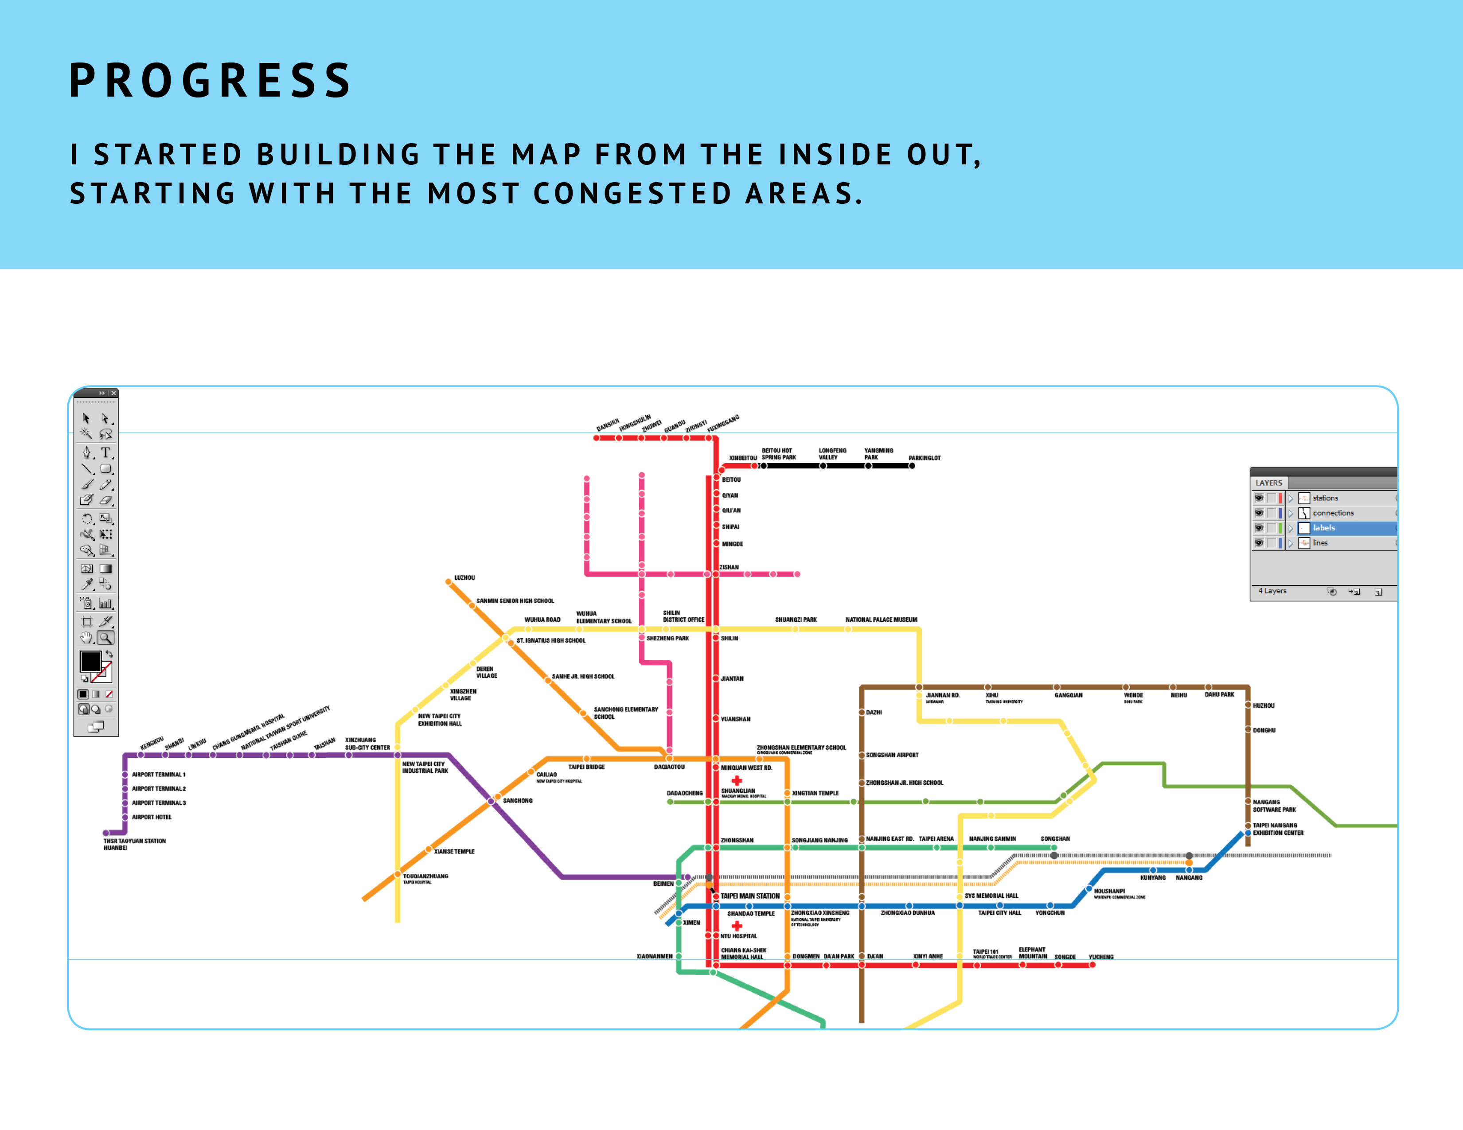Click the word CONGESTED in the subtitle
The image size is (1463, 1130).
632,194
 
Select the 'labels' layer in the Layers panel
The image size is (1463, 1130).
1324,528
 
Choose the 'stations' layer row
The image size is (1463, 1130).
1325,498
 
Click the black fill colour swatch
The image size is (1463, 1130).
90,661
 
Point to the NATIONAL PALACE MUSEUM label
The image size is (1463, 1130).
881,620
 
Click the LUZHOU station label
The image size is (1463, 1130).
464,577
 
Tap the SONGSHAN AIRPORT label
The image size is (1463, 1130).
892,755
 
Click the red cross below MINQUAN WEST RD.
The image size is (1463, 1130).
737,780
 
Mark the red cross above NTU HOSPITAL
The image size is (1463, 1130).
737,926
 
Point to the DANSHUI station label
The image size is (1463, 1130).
608,425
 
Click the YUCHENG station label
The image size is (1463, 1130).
1100,957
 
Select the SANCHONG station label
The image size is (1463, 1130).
517,800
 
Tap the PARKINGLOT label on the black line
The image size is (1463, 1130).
925,458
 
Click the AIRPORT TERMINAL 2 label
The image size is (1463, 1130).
158,788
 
